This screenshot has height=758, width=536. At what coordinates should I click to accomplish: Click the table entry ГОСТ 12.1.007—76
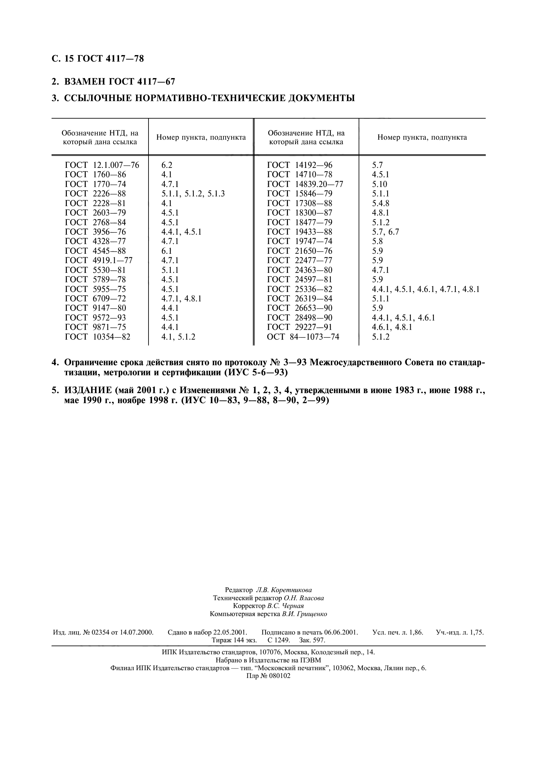102,165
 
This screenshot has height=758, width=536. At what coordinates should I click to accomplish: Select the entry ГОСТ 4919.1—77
99,261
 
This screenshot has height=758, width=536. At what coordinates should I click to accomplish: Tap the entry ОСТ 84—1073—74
303,337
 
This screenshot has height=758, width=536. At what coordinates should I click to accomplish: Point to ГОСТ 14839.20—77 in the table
305,184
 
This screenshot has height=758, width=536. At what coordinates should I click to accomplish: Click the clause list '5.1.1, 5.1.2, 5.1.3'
193,194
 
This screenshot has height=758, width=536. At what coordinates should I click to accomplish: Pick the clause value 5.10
379,184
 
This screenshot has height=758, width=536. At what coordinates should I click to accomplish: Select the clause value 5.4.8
380,204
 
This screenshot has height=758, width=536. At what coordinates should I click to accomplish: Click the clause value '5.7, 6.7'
386,232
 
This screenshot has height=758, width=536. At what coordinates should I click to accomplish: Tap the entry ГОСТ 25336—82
300,289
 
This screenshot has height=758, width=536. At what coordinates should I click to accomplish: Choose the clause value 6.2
167,165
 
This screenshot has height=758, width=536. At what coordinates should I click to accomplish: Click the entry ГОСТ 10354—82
98,337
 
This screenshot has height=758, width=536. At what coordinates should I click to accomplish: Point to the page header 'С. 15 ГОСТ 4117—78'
98,59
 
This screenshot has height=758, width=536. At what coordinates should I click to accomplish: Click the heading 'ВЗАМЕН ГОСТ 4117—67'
119,82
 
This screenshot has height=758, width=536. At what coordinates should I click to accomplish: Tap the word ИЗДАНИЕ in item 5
88,391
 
